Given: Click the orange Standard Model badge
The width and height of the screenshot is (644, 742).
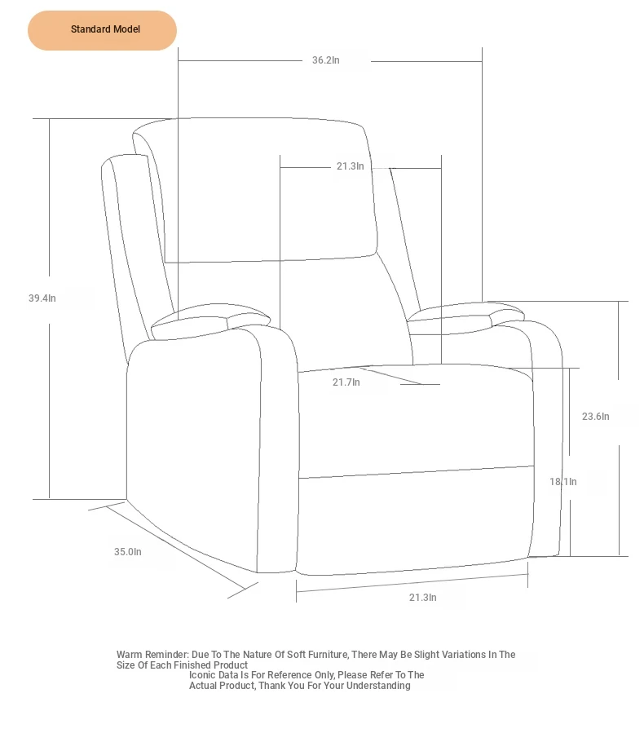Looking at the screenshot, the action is tap(102, 30).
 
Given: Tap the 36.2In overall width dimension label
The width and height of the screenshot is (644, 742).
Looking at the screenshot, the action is tap(325, 60).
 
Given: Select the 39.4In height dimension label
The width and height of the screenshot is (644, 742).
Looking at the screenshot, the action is tap(42, 298).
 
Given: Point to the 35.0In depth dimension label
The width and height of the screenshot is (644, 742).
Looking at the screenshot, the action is tap(128, 552).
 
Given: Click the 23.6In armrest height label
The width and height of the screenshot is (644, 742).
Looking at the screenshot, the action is tap(596, 417).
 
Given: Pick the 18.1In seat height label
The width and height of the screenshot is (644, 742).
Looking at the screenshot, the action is tap(563, 482).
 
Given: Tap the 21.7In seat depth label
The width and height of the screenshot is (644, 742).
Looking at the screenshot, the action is tap(346, 382).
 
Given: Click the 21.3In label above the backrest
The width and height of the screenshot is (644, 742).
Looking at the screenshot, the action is tap(351, 166).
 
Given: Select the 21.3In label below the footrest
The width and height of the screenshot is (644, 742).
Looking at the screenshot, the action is tap(423, 598).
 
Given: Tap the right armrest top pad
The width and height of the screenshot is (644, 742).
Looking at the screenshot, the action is tap(465, 314).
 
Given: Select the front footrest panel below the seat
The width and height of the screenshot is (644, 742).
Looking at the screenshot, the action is tap(414, 520).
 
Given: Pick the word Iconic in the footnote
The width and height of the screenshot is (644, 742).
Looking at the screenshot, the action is tap(202, 675).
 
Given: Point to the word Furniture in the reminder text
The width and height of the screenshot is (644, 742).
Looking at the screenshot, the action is tap(328, 655).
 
